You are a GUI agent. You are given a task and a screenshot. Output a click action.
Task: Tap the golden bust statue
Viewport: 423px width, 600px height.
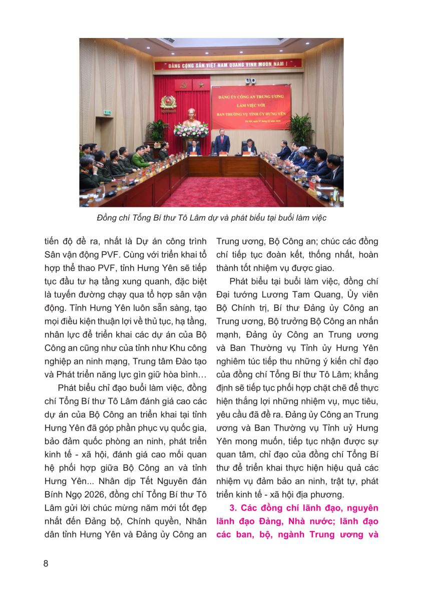pos(191,117)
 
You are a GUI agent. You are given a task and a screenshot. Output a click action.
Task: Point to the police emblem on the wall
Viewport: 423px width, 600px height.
pos(168,102)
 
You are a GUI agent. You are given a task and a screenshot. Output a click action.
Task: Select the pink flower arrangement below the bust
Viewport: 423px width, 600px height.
pos(191,130)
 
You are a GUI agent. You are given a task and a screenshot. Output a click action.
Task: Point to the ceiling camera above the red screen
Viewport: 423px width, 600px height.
pos(250,80)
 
